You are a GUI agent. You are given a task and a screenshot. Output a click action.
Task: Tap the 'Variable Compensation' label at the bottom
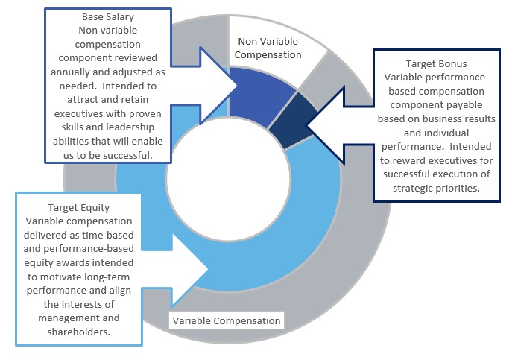227,321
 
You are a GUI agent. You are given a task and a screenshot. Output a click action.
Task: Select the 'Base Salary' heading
108,16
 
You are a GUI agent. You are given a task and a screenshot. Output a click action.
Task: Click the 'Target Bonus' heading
435,64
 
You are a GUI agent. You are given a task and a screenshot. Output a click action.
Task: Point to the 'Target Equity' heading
79,207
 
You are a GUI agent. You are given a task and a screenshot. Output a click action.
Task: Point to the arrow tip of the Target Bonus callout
308,130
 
